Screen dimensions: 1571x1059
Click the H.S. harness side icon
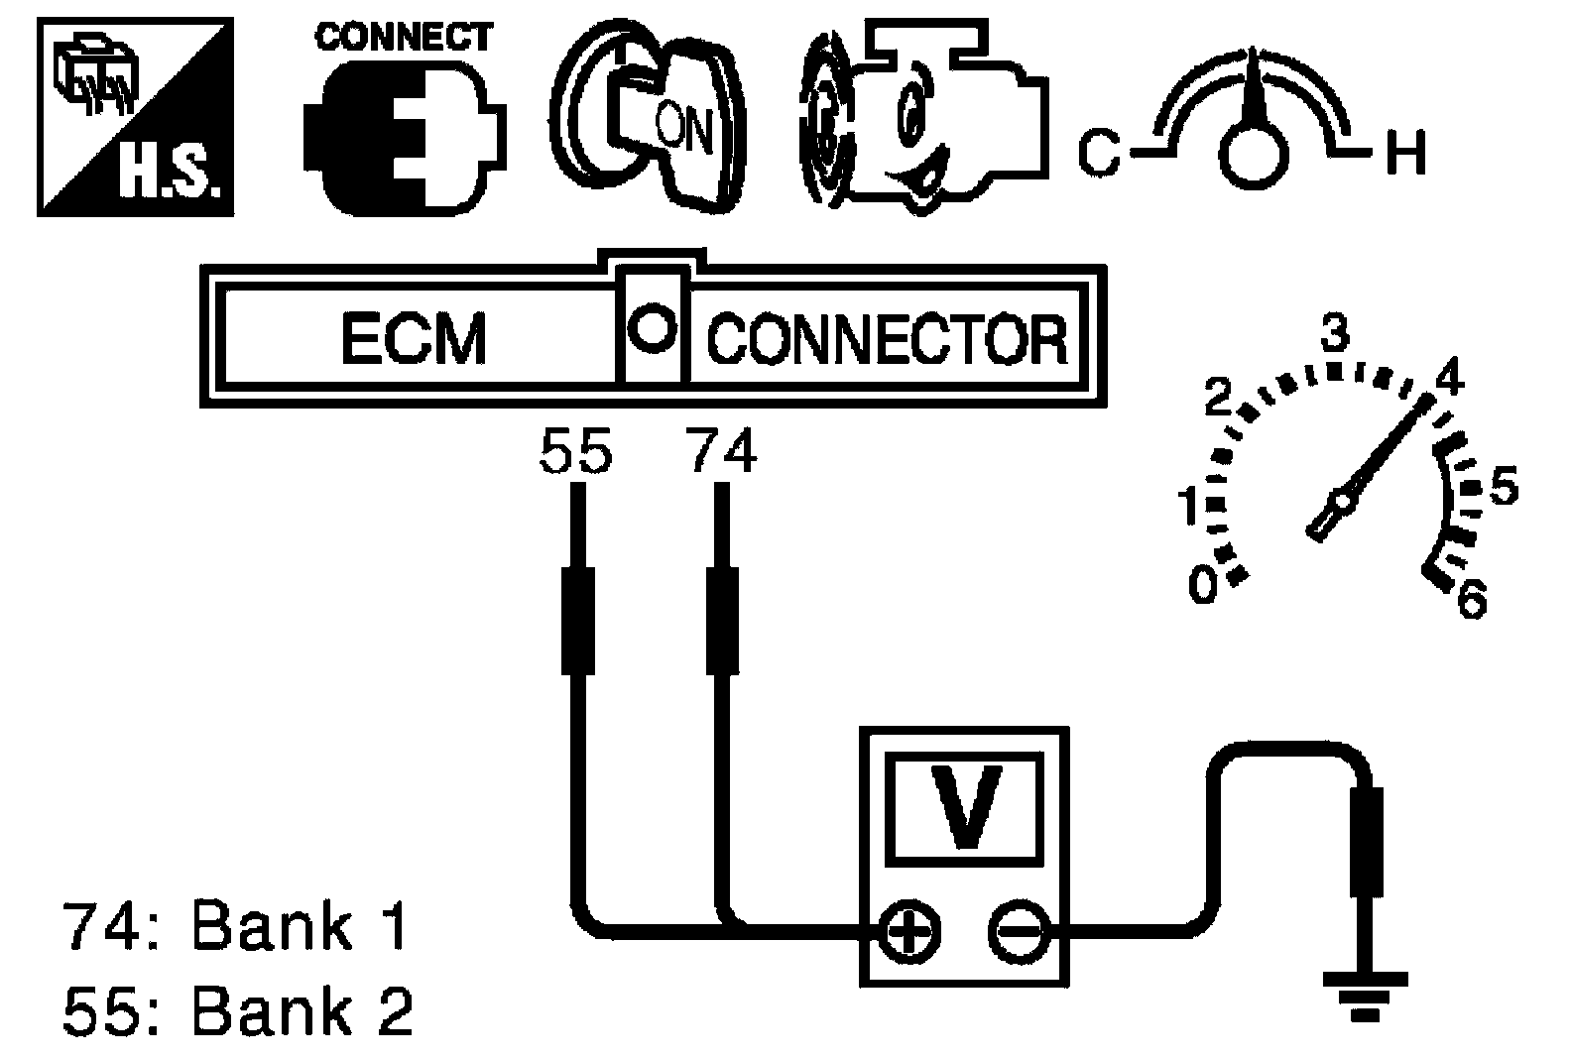[135, 117]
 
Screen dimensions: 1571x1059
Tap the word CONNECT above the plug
[404, 37]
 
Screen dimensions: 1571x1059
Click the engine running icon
[924, 116]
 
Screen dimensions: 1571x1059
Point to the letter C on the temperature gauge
[1099, 153]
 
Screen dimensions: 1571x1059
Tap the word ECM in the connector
[414, 339]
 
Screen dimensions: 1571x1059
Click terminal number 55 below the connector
[576, 452]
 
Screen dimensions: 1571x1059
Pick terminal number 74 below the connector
[721, 452]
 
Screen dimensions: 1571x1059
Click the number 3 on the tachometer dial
[1335, 333]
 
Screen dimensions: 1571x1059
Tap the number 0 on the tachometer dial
[1203, 585]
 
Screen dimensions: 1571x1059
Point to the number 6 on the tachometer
[1472, 600]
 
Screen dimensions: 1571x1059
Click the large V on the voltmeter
[965, 806]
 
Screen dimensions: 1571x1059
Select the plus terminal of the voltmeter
[908, 931]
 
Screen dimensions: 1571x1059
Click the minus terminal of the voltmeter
[1019, 931]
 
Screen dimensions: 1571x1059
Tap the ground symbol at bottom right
[1365, 997]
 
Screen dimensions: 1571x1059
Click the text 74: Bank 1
[235, 926]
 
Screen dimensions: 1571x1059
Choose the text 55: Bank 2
[238, 1010]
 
